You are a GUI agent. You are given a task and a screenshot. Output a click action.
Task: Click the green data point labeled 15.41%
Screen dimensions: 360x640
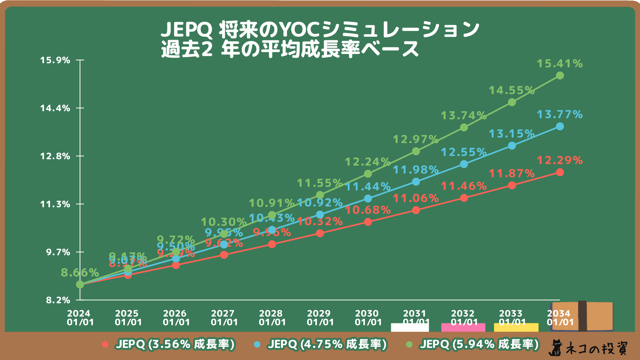[560, 76]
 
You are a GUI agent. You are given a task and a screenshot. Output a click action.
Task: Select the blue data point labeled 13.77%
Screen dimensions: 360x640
[560, 126]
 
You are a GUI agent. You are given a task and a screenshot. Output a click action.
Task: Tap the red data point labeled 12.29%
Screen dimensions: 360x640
[560, 172]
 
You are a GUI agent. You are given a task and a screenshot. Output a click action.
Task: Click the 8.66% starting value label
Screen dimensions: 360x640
[80, 273]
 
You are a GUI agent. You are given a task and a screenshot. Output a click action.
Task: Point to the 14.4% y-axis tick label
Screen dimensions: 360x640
[55, 108]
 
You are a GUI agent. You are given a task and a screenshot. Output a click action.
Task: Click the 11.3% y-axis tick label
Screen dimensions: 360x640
[55, 204]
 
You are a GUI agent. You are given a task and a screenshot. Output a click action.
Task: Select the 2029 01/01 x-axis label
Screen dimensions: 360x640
[320, 318]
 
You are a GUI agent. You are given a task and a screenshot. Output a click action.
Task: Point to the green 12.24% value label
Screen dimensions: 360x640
[367, 162]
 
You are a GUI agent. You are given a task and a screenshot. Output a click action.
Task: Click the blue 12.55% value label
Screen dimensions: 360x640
[463, 152]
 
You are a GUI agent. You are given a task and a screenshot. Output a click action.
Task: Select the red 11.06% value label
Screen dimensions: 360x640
[415, 198]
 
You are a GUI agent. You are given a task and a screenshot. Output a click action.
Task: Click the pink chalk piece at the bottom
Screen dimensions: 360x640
[463, 327]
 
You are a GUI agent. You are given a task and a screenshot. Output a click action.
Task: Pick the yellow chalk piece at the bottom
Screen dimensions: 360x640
[516, 327]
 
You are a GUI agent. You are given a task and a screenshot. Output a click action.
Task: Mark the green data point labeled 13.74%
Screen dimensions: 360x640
[464, 128]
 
